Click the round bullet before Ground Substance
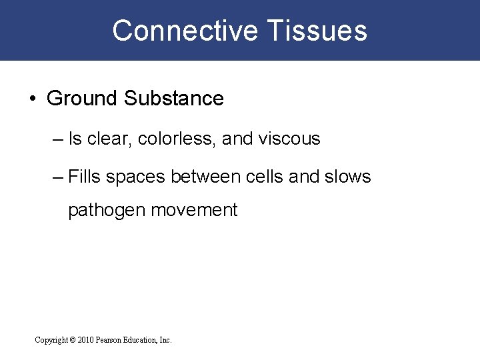(x=33, y=99)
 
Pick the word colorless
(x=177, y=139)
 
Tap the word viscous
(x=289, y=139)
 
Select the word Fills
(x=84, y=177)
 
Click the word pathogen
(x=107, y=211)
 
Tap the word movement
(x=194, y=210)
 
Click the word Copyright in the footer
(x=51, y=340)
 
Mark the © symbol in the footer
(x=73, y=340)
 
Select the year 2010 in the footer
(x=85, y=340)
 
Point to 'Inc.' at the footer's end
(x=165, y=340)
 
